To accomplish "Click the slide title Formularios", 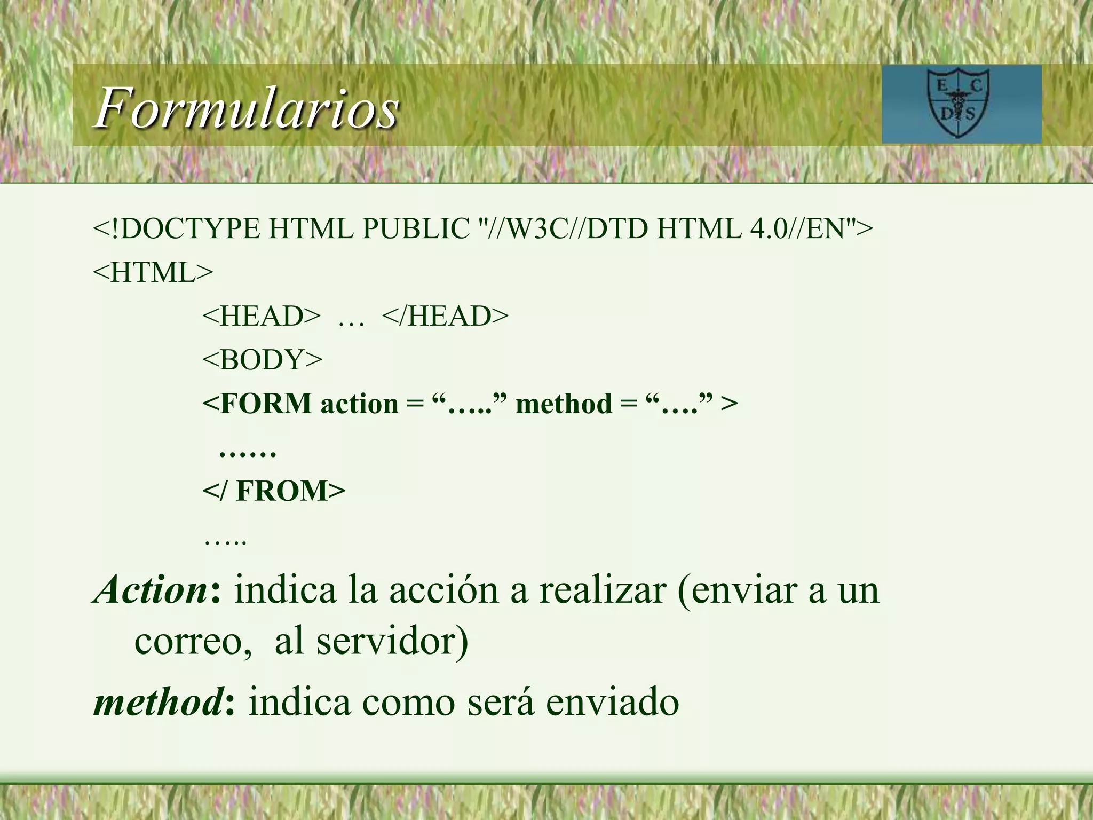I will coord(247,108).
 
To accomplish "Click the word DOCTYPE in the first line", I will coord(186,229).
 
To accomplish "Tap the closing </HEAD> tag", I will coord(445,316).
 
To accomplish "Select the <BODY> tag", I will coord(262,360).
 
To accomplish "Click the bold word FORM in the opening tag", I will coord(266,404).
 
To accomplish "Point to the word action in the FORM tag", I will coord(359,404).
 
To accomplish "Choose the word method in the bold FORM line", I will coord(564,404).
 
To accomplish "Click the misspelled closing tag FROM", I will coord(290,491).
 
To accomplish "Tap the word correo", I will coord(193,641).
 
